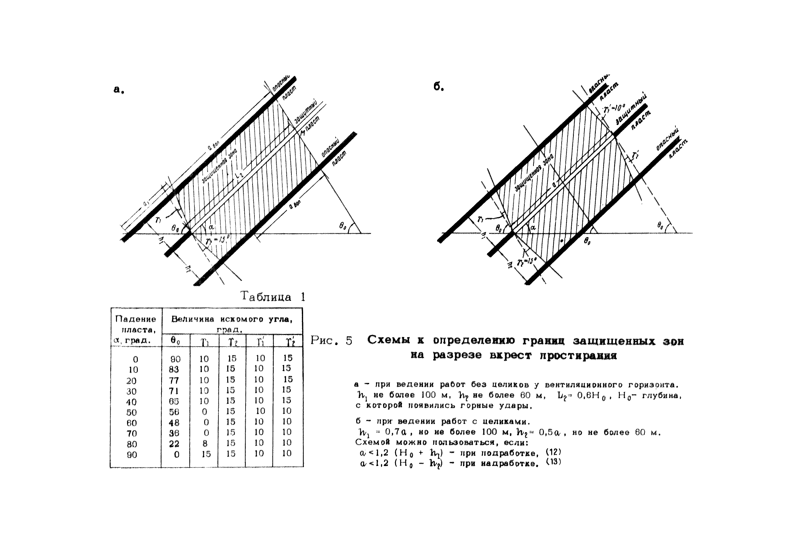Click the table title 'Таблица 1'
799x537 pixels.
[272, 296]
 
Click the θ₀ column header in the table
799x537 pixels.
[175, 341]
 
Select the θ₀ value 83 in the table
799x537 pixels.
[174, 369]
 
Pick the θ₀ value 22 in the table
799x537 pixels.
[174, 444]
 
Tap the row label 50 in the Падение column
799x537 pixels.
[131, 412]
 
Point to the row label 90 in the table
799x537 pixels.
[131, 455]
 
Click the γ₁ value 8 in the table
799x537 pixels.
[204, 444]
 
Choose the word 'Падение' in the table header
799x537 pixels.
[136, 319]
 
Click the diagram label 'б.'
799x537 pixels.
[439, 87]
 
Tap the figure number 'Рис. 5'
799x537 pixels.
[331, 341]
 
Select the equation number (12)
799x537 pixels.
[553, 452]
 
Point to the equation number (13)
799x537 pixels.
[553, 462]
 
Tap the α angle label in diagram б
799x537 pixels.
[532, 227]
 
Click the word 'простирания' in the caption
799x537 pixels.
[578, 355]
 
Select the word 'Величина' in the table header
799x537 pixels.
[192, 319]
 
